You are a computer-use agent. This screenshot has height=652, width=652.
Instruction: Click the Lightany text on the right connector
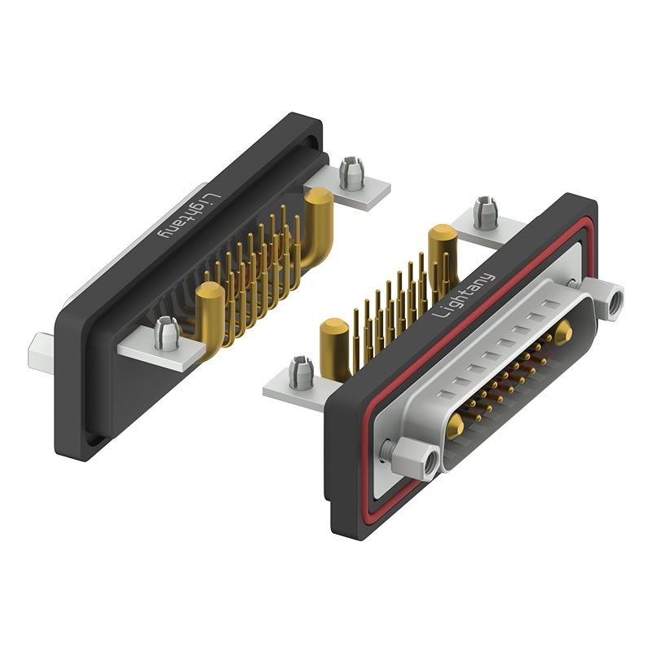click(464, 295)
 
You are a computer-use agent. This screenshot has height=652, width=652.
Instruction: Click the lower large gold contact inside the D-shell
click(455, 426)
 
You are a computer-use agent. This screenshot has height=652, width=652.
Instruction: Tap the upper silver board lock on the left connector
click(351, 173)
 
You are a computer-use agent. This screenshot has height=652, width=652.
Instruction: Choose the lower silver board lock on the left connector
click(166, 333)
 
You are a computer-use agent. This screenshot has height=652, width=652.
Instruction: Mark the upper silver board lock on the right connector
click(486, 213)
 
